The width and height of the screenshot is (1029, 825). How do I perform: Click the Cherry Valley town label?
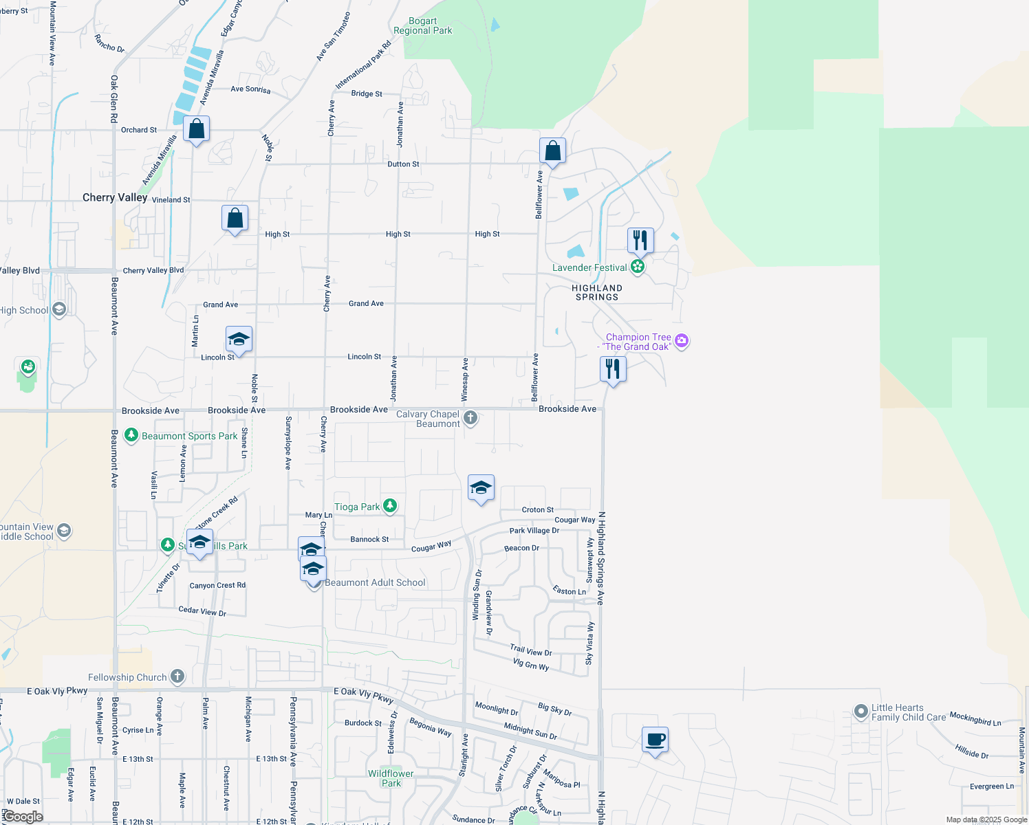click(x=115, y=197)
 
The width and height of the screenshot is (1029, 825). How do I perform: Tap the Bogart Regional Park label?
click(x=423, y=26)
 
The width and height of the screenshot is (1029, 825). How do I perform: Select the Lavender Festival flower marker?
click(x=638, y=267)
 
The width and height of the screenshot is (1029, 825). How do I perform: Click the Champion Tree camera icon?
click(x=682, y=341)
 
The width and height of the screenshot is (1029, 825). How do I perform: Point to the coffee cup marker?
click(x=655, y=740)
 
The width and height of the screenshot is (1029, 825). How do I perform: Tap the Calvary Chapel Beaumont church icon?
click(x=470, y=417)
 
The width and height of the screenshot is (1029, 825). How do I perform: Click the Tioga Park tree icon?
click(x=390, y=507)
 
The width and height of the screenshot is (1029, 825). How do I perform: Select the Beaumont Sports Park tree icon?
click(x=131, y=436)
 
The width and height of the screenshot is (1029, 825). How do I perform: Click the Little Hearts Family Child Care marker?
click(x=860, y=712)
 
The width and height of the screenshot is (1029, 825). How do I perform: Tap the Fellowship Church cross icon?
click(x=177, y=676)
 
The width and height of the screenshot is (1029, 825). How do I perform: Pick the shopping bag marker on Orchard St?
click(x=197, y=129)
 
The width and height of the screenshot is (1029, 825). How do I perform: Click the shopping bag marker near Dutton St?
click(x=552, y=151)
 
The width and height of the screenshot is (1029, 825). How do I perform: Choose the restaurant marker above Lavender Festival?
click(x=640, y=240)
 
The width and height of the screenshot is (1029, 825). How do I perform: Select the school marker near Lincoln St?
click(x=239, y=339)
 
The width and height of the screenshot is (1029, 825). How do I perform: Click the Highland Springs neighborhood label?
click(x=597, y=293)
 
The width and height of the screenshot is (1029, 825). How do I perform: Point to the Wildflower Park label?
click(x=391, y=778)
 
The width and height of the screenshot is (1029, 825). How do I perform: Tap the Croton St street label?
click(x=538, y=509)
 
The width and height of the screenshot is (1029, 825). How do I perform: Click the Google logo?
click(x=23, y=817)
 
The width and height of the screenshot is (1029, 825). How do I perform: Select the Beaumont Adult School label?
click(x=375, y=582)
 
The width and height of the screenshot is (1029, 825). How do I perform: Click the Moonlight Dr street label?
click(x=496, y=708)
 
